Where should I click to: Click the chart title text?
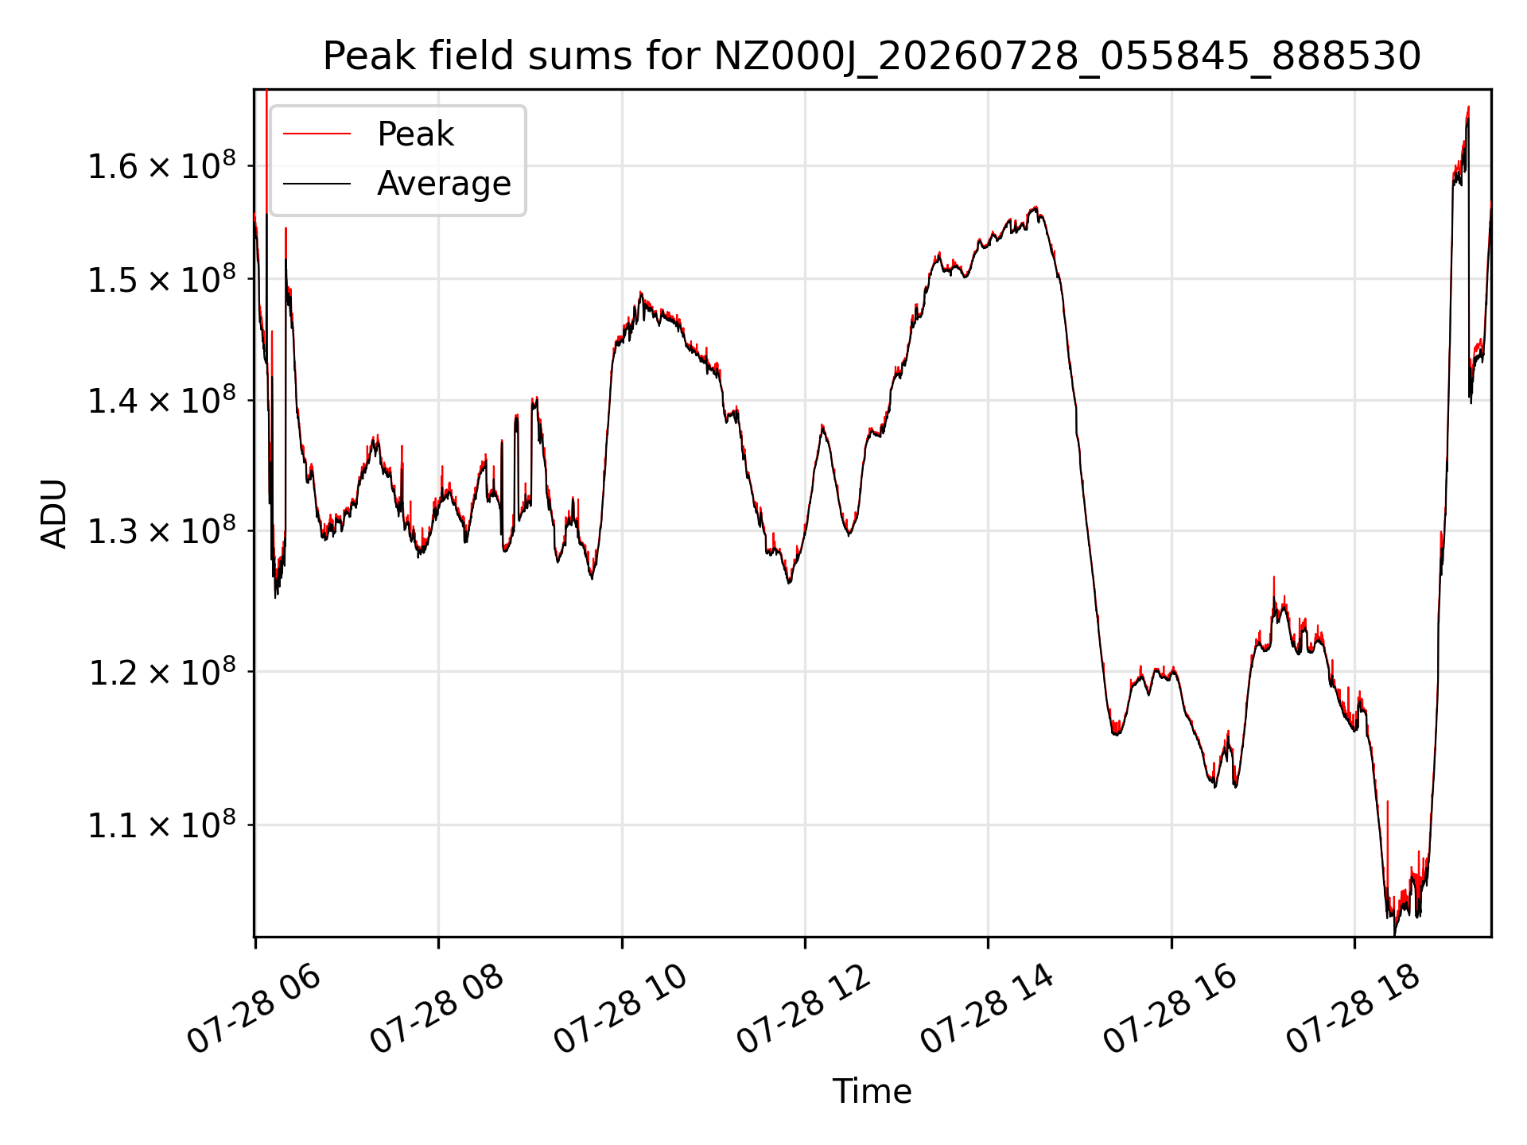[872, 56]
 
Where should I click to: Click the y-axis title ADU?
[54, 513]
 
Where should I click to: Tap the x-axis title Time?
[872, 1091]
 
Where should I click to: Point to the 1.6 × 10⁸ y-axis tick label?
[161, 165]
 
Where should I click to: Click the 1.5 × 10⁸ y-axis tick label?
[161, 279]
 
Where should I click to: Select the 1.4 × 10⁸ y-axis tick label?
[161, 400]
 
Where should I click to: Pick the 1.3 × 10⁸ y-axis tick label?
[161, 530]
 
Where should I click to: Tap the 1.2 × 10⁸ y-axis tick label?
[161, 672]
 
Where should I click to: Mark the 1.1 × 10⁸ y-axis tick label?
[161, 825]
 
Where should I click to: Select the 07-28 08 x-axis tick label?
[437, 1010]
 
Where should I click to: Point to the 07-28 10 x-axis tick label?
[620, 1010]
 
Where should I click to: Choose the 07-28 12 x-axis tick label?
[804, 1010]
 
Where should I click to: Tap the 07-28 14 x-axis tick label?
[988, 1010]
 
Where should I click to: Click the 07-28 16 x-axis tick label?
[1171, 1010]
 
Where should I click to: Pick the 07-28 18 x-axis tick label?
[1354, 1010]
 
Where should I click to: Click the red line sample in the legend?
[317, 134]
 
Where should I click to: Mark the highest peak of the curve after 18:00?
[1468, 107]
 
